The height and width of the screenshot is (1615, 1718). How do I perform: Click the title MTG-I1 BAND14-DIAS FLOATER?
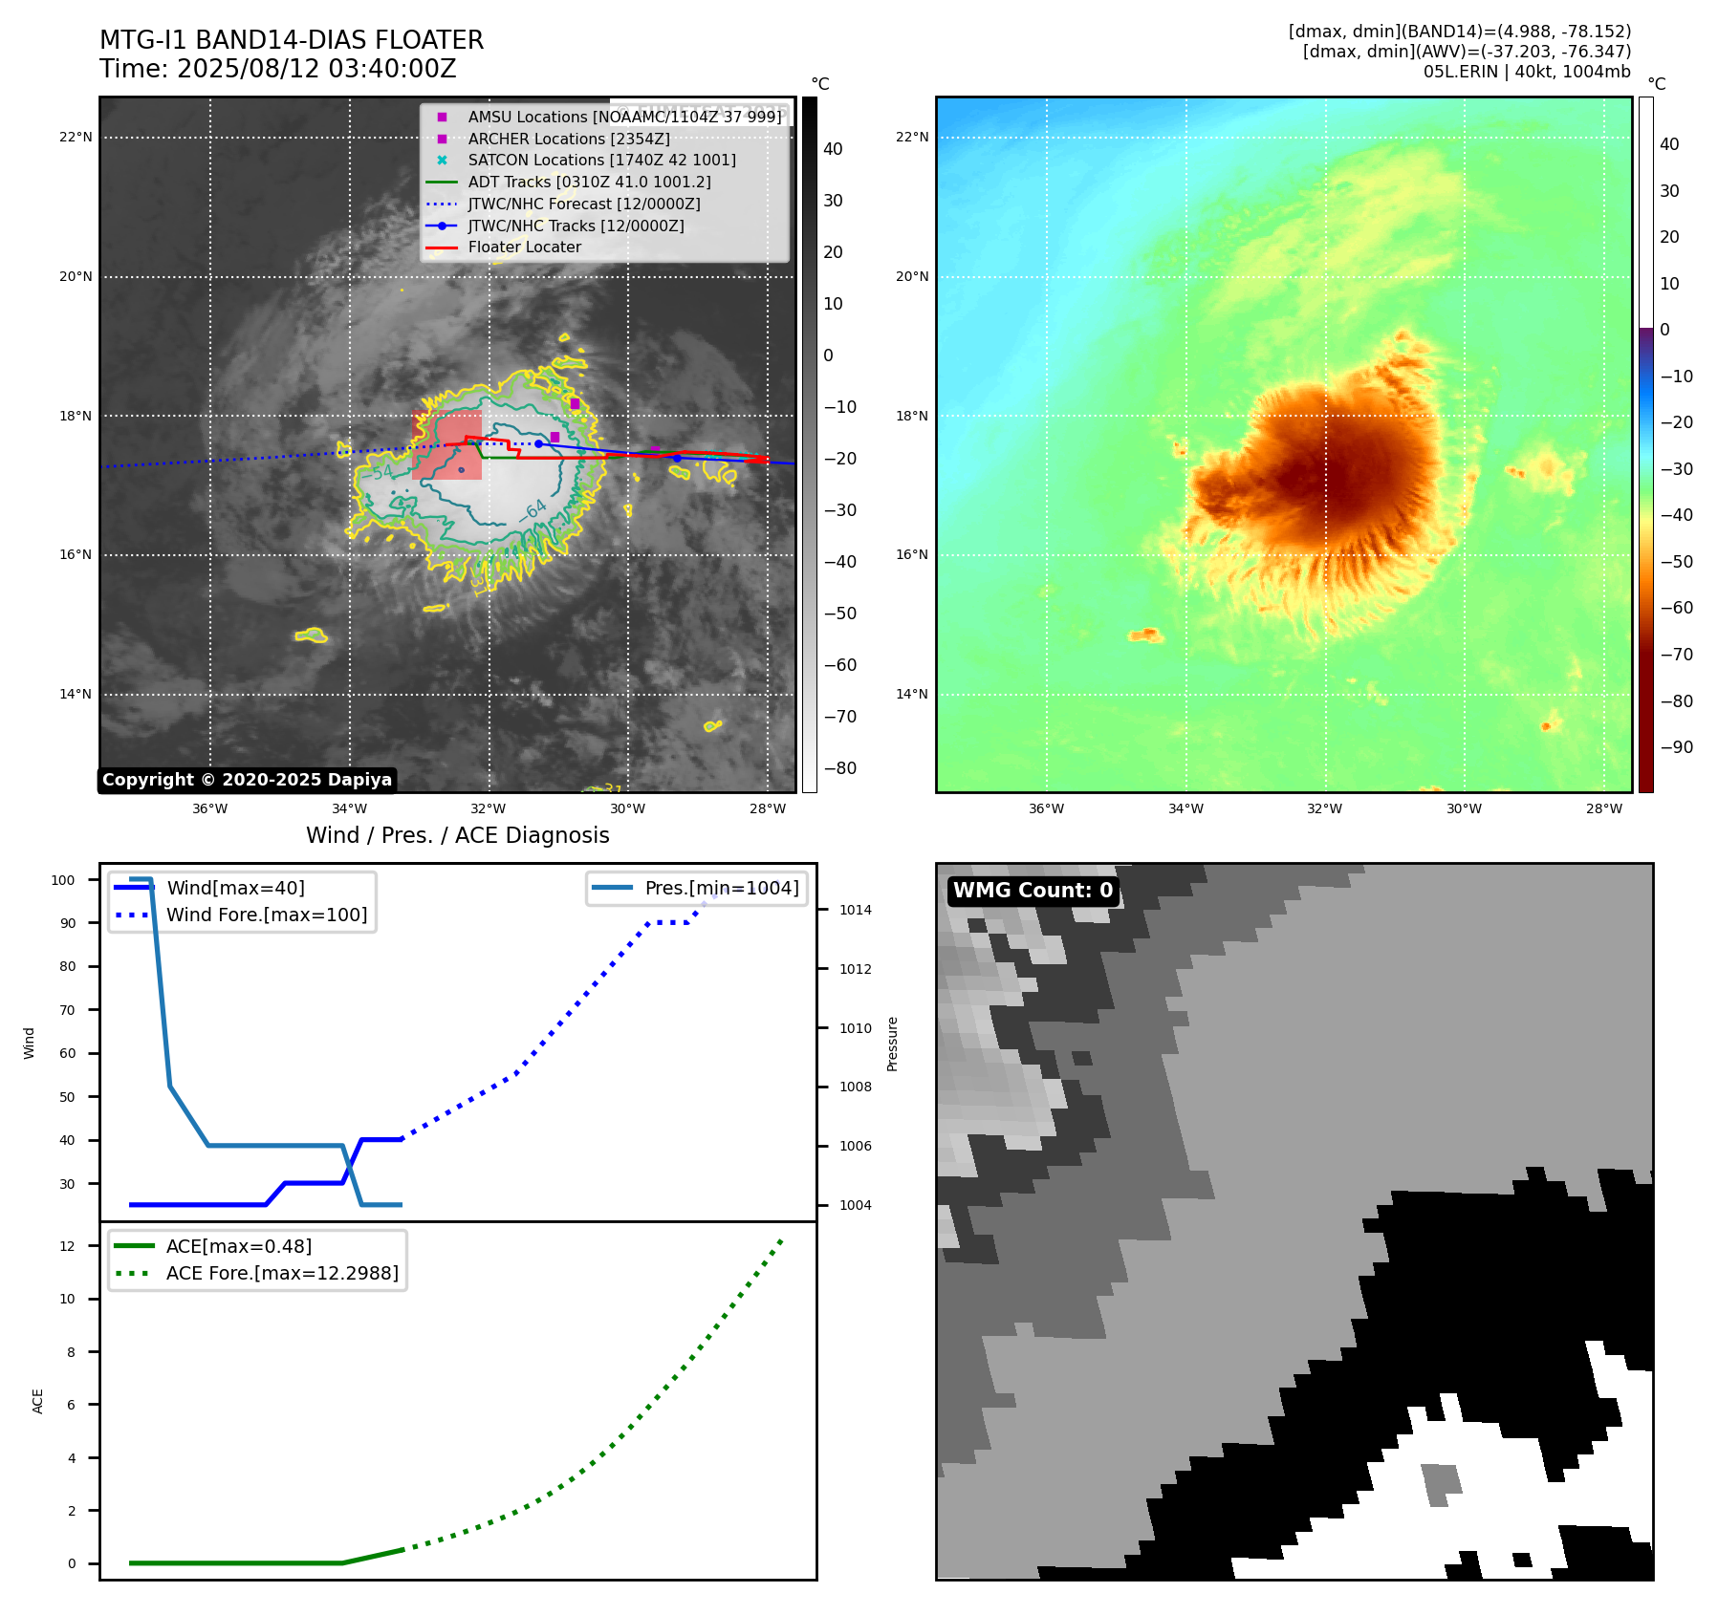pos(292,40)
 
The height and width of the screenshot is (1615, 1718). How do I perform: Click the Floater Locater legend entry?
pos(524,248)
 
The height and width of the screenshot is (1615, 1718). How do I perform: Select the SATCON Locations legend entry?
pos(601,161)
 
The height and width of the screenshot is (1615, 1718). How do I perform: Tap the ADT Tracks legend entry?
pos(589,182)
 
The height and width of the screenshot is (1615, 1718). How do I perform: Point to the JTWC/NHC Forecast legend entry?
pos(583,204)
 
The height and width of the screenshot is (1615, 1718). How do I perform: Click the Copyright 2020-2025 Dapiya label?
pos(247,780)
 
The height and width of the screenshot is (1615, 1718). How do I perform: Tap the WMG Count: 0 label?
pos(1033,891)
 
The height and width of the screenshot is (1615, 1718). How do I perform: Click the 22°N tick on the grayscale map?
pos(76,138)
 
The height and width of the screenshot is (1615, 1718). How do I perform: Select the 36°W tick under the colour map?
pos(1046,808)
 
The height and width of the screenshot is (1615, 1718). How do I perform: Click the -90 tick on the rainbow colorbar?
pos(1676,747)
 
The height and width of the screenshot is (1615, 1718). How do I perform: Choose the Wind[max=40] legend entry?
pos(235,888)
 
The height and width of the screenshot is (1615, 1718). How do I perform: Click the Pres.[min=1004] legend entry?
pos(721,888)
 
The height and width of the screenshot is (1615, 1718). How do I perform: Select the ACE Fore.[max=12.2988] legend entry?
pos(282,1273)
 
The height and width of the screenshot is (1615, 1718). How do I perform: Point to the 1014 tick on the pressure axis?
pos(856,910)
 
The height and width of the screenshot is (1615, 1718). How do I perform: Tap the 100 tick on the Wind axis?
pos(63,880)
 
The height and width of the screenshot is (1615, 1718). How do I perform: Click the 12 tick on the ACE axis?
pos(67,1246)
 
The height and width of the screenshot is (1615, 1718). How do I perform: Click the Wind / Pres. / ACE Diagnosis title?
pos(457,835)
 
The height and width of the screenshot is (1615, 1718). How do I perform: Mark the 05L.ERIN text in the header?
pos(1460,72)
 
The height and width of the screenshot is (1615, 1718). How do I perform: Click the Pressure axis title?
pos(892,1044)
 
